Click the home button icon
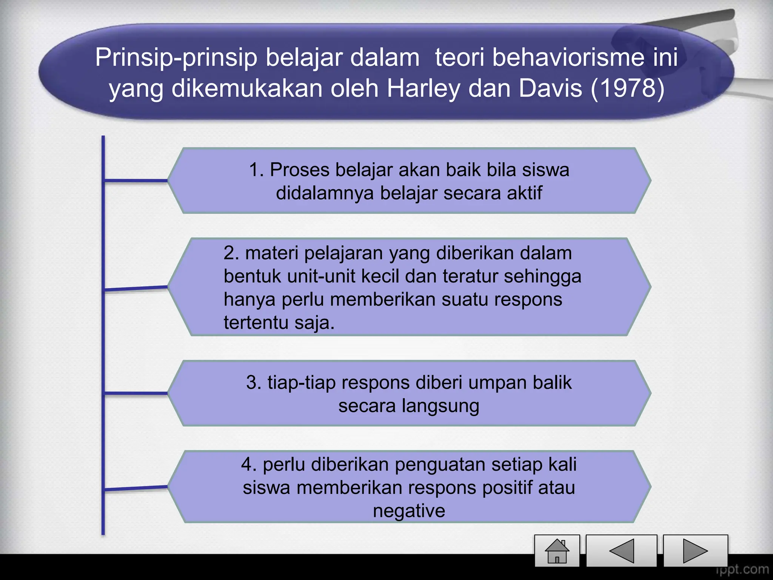tap(557, 551)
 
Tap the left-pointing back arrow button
tap(622, 551)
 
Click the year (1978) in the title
tap(627, 88)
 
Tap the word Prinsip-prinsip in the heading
tap(176, 57)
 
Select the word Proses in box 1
tap(300, 170)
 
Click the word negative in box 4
tap(409, 511)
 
